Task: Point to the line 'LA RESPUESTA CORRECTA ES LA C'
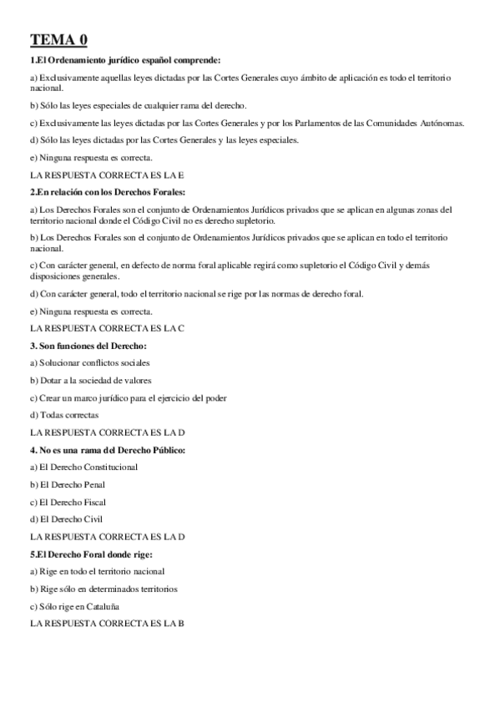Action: pos(107,328)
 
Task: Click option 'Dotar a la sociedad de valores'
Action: pos(89,380)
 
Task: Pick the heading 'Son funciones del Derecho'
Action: pos(88,345)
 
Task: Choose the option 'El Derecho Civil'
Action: pos(66,519)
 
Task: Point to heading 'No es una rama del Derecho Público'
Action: pos(108,450)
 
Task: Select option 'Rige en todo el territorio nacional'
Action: pos(97,571)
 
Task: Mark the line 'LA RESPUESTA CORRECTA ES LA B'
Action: pos(107,624)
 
